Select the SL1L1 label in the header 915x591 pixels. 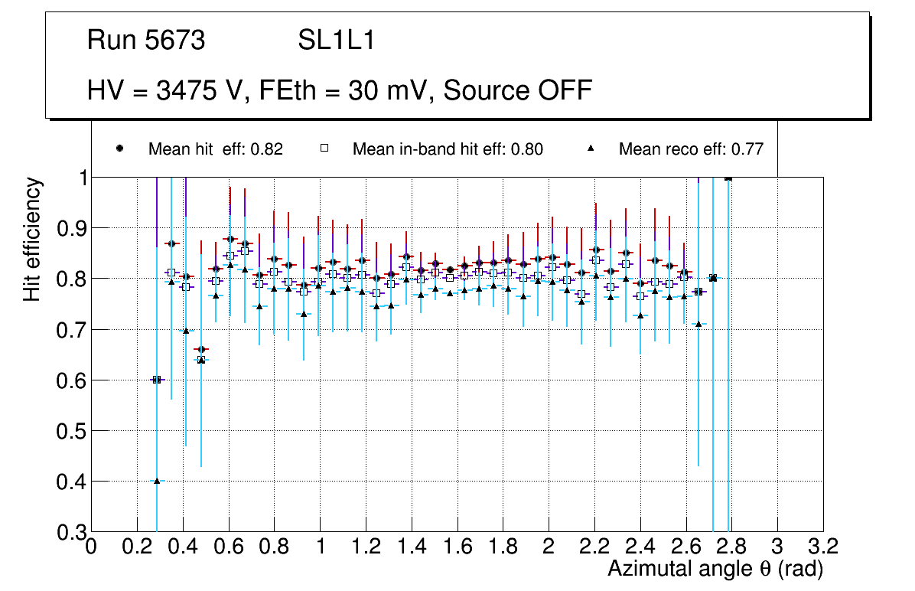337,41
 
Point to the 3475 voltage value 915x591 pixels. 186,90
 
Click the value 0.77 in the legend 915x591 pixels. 747,149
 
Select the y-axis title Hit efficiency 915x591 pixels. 32,240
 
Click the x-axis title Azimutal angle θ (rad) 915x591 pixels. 715,569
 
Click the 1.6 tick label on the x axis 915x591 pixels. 457,547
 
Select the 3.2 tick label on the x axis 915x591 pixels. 822,547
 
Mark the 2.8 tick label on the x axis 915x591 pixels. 731,547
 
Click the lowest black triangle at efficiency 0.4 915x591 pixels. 157,481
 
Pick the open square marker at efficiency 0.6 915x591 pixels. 157,380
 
